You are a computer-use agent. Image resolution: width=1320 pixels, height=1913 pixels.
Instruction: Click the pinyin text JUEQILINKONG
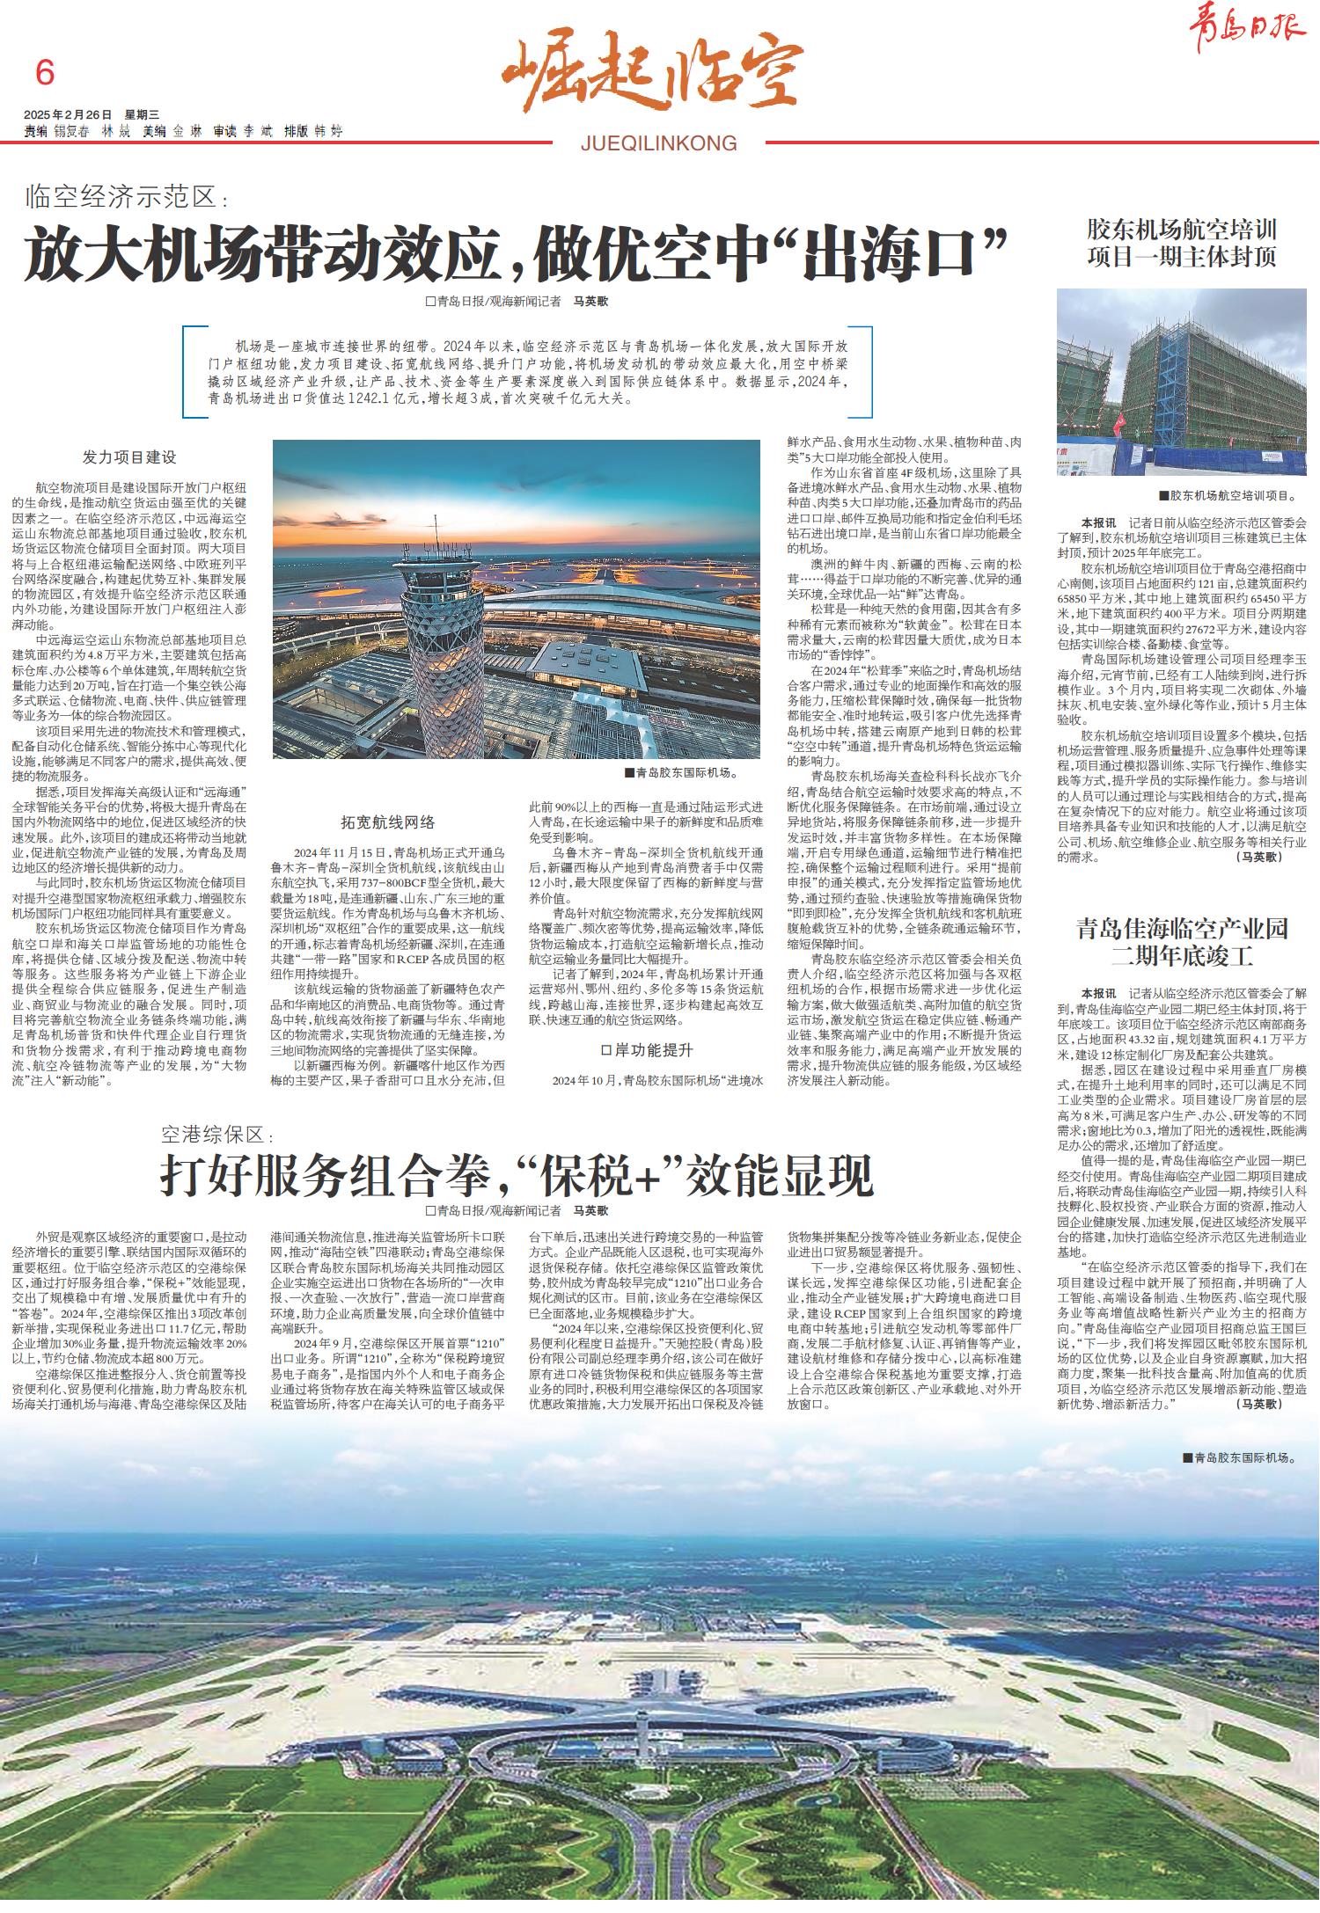tap(659, 143)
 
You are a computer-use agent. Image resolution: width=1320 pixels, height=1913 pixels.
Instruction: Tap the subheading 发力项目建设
tap(129, 457)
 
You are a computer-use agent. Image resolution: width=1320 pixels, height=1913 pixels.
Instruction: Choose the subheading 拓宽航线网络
tap(388, 822)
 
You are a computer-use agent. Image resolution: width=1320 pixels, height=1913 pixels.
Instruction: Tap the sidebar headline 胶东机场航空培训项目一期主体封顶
tap(1181, 244)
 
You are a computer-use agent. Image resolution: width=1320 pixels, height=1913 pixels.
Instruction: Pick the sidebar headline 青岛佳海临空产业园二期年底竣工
tap(1181, 941)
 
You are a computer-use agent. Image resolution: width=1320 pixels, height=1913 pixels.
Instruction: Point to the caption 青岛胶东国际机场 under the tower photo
tap(680, 774)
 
